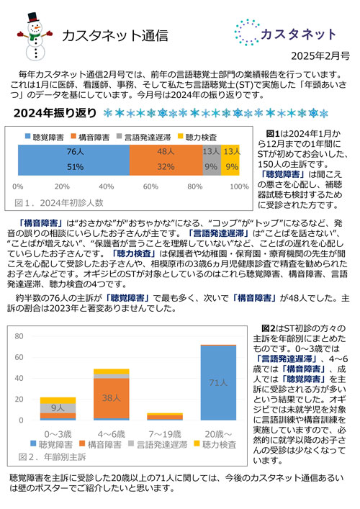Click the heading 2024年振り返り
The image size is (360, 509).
[55, 113]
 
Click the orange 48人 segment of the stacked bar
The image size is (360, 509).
[166, 159]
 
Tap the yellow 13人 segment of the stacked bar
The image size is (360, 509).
[230, 159]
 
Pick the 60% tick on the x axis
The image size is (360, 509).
[150, 185]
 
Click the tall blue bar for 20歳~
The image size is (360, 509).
[217, 382]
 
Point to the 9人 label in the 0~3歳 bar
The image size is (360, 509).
[58, 407]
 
